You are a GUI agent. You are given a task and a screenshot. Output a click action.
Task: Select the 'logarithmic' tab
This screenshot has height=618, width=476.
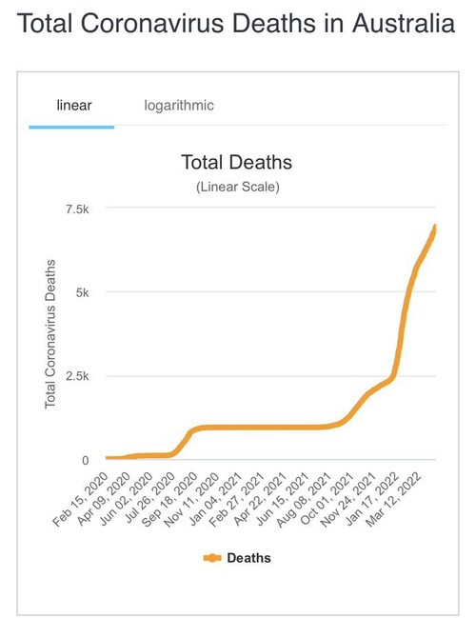[x=179, y=106]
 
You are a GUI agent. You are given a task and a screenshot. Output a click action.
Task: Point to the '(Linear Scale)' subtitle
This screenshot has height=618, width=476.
[x=237, y=187]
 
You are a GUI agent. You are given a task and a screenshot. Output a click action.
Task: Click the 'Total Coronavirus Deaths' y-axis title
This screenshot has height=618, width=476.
[x=51, y=333]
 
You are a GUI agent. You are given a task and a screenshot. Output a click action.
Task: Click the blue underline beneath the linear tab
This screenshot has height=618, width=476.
[x=71, y=126]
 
